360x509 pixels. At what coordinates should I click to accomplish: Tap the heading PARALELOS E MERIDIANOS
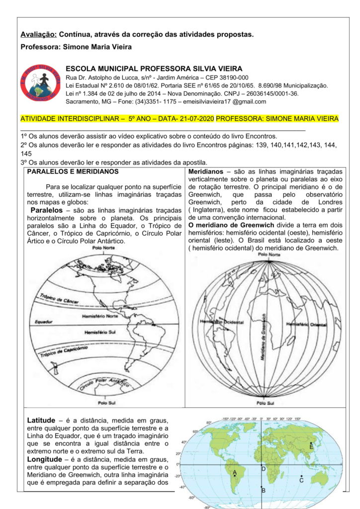tap(73, 171)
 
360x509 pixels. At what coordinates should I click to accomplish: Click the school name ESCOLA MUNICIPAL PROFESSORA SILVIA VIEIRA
tap(154, 69)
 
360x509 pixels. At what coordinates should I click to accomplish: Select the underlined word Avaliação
tap(39, 35)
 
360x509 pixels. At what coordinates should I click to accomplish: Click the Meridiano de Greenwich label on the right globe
tap(259, 343)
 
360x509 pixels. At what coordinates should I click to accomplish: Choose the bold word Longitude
tap(45, 459)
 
